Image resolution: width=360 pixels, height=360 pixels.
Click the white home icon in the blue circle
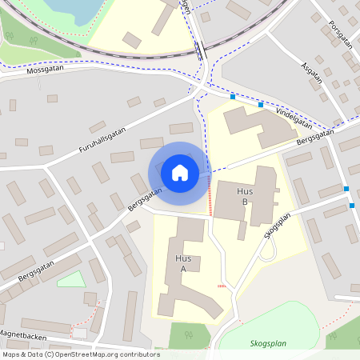click(180, 173)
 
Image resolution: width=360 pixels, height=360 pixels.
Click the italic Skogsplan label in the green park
click(267, 343)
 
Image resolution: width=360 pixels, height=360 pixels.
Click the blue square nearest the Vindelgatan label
click(261, 104)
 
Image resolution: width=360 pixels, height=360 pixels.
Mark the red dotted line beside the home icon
click(210, 196)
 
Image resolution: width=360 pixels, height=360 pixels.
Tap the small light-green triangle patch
click(72, 279)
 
